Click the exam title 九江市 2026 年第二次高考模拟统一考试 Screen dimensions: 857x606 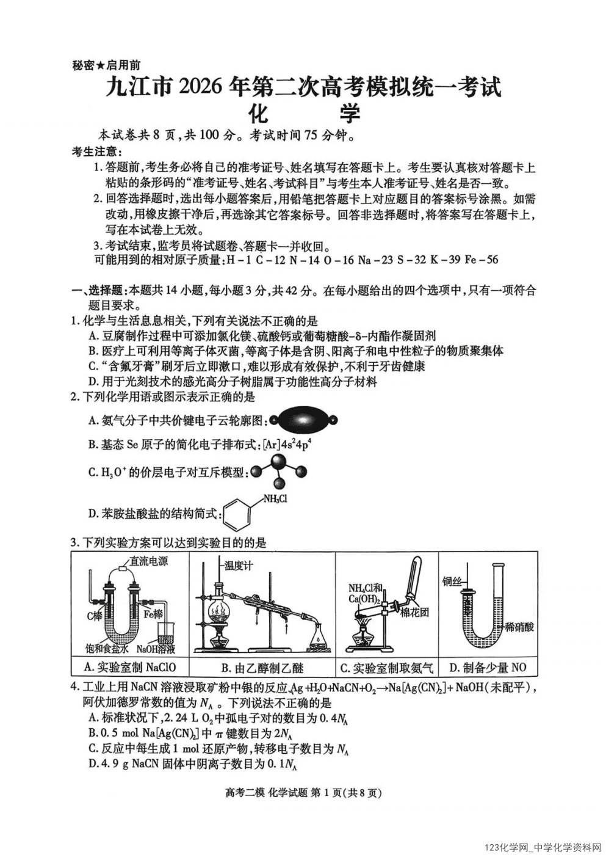303,87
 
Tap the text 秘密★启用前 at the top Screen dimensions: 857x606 106,65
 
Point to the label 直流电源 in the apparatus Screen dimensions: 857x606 148,561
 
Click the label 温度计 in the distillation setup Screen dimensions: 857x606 238,566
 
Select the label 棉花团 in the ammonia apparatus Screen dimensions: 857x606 414,612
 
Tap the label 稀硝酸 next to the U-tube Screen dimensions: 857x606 519,627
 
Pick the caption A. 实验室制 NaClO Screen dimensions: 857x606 130,667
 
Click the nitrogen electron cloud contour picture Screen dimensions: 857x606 303,420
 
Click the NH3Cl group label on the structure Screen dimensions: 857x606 275,499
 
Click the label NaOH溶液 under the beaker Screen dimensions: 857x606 156,649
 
